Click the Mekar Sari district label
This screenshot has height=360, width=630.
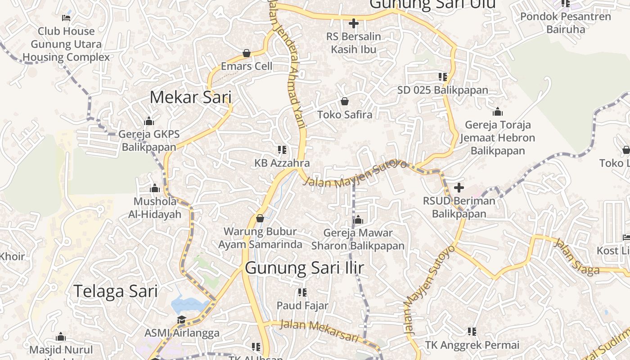coord(190,97)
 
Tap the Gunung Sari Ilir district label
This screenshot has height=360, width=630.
coord(304,268)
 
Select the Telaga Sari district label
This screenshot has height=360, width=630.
coord(116,291)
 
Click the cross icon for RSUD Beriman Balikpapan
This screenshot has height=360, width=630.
coord(459,187)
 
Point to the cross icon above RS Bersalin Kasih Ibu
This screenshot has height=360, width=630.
coord(354,23)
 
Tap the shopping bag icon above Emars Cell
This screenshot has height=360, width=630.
coord(247,53)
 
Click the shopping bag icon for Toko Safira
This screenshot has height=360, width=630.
coord(345,101)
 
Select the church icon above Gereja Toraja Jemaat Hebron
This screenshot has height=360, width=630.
coord(498,112)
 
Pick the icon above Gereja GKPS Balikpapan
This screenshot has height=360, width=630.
coord(149,121)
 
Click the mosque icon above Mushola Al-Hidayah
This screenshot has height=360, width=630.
coord(155,188)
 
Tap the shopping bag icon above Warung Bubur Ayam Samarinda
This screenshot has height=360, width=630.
coord(260,218)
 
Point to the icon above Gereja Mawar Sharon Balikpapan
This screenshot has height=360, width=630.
coord(358,220)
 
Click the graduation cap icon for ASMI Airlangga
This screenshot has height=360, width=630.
coord(181,320)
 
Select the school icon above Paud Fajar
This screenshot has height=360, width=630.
coord(302,292)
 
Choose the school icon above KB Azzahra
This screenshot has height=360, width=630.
coord(282,150)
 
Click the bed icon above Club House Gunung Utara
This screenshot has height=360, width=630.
coord(66,18)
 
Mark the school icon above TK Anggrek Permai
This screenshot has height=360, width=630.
coord(472,332)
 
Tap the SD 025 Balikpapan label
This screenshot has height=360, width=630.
coord(443,90)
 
